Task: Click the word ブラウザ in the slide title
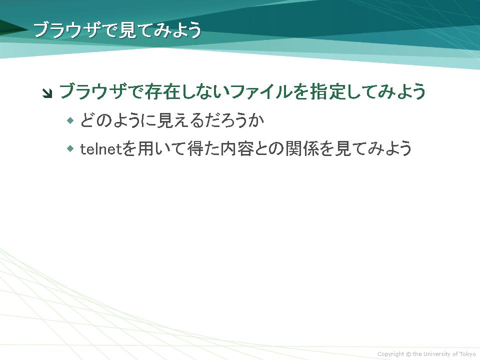point(66,30)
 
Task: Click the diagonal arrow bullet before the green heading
point(47,93)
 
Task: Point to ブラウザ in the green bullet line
point(93,91)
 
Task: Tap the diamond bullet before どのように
point(70,120)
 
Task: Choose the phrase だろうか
point(234,120)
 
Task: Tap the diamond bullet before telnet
point(70,149)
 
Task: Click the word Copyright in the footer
point(390,354)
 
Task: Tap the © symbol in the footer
point(408,354)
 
